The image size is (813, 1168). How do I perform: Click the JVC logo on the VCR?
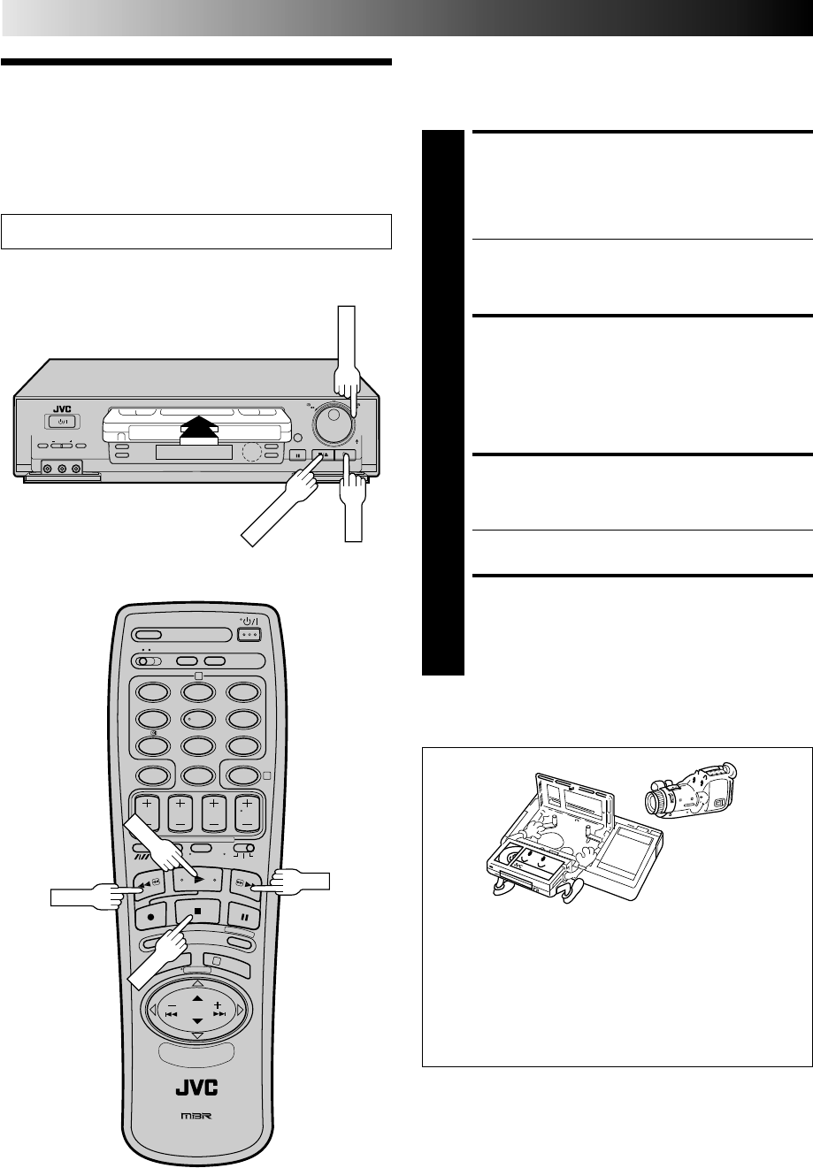click(61, 408)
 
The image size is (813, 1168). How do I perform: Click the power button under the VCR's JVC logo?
click(61, 421)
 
